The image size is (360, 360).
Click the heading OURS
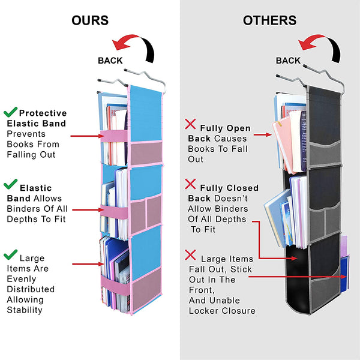[x=90, y=20]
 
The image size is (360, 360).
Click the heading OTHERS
[x=269, y=20]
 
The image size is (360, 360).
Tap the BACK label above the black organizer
[x=288, y=60]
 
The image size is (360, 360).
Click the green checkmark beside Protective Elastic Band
[x=10, y=112]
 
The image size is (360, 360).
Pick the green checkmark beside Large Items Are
[x=10, y=255]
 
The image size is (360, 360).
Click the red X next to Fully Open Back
[x=191, y=124]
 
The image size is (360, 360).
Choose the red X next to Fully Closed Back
[x=191, y=184]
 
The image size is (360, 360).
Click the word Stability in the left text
[x=25, y=310]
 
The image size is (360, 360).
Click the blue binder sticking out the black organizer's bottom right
[x=344, y=277]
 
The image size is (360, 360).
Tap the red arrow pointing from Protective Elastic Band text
[x=88, y=136]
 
